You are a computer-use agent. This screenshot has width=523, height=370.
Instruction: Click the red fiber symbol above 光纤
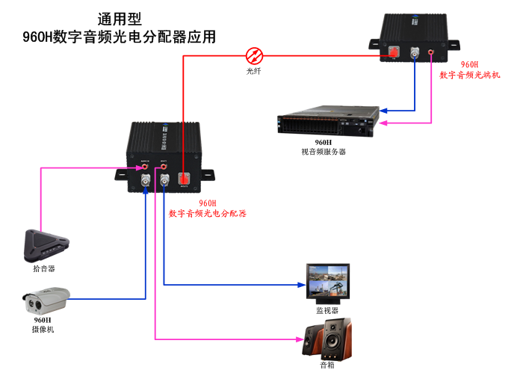point(255,55)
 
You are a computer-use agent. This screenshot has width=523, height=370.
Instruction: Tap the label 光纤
point(255,72)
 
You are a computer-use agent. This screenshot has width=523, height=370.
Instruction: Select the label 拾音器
point(44,268)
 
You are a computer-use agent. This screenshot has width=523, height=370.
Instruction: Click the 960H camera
point(46,300)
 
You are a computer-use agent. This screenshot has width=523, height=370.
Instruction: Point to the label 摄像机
point(43,329)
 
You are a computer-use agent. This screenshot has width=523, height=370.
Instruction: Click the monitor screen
point(327,281)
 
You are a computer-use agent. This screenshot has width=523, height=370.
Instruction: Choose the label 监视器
point(327,310)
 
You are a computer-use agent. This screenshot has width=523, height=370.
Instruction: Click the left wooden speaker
point(315,340)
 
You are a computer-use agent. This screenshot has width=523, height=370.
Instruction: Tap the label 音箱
point(327,366)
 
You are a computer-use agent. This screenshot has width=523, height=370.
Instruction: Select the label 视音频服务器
point(324,151)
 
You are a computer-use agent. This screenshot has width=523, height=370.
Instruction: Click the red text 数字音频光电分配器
point(207,213)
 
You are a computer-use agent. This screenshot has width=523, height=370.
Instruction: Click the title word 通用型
point(120,19)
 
